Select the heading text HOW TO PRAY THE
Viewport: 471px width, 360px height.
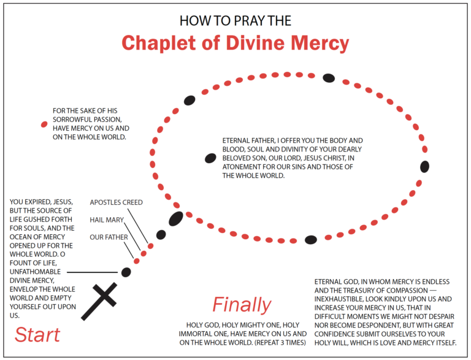point(235,20)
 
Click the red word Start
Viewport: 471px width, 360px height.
point(37,335)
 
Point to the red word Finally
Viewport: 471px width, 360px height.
point(242,304)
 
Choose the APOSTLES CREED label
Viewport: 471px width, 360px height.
point(116,202)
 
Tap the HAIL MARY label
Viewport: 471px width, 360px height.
point(107,220)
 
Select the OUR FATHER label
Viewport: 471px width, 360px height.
point(109,237)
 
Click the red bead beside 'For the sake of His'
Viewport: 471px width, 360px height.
point(44,124)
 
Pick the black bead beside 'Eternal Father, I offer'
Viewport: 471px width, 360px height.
point(210,158)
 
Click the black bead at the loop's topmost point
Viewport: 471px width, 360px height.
point(329,77)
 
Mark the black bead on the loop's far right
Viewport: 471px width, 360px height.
point(424,166)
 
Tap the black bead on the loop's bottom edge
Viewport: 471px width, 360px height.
point(311,240)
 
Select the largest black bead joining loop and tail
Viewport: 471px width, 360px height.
point(176,218)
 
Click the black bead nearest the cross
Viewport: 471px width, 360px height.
point(126,272)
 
